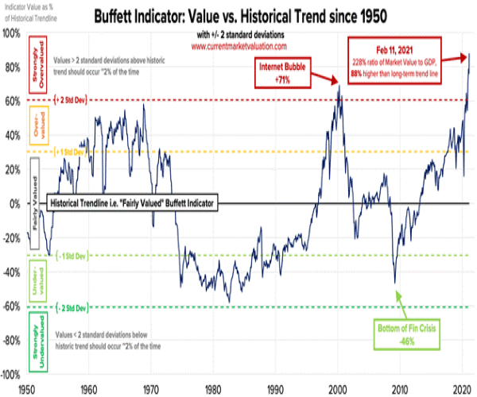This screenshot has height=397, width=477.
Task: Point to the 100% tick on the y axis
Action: (x=11, y=33)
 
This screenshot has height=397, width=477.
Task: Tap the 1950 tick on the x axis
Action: (x=27, y=389)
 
